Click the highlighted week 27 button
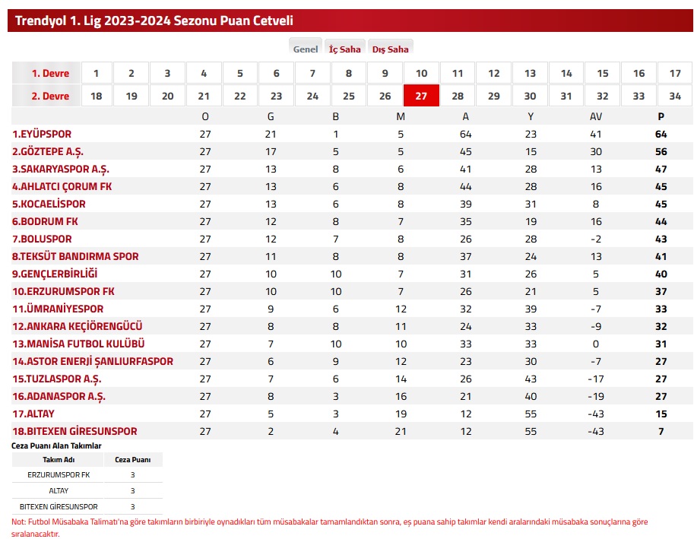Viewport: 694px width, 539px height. pyautogui.click(x=421, y=96)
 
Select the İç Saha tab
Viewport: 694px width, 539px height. pyautogui.click(x=345, y=49)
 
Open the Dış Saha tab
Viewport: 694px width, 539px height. pyautogui.click(x=391, y=49)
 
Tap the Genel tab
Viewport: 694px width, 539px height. pyautogui.click(x=306, y=49)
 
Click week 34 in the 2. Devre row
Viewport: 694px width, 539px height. pyautogui.click(x=674, y=96)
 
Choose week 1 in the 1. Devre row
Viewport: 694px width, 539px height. pyautogui.click(x=96, y=73)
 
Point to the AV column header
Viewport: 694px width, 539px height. pyautogui.click(x=596, y=116)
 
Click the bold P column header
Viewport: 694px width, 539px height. pyautogui.click(x=661, y=116)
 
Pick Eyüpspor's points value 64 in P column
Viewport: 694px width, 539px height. pyautogui.click(x=661, y=134)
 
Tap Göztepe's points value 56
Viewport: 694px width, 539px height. pyautogui.click(x=661, y=152)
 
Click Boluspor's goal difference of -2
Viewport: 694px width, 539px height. pyautogui.click(x=596, y=239)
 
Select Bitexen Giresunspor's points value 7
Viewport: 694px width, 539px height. pyautogui.click(x=661, y=432)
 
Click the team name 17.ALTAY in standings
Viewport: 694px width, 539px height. pyautogui.click(x=33, y=414)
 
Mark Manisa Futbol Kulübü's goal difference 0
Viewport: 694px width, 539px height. pyautogui.click(x=596, y=344)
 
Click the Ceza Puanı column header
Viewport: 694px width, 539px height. pyautogui.click(x=133, y=460)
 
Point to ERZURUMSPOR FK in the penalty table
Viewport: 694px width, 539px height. pyautogui.click(x=59, y=475)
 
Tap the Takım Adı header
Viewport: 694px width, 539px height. pyautogui.click(x=59, y=460)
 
